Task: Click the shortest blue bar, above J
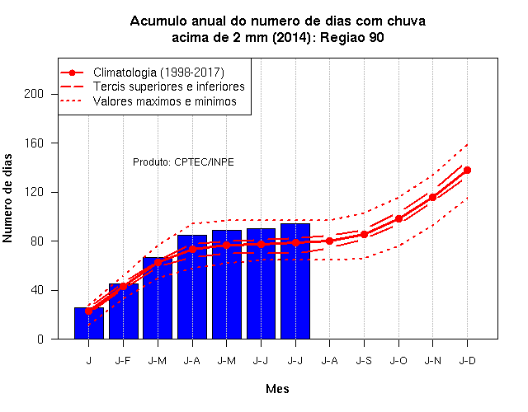click(89, 323)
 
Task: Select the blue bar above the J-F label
click(124, 311)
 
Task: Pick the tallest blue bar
click(295, 281)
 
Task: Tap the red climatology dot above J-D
click(467, 171)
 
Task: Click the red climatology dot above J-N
click(432, 197)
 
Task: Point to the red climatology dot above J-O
click(398, 218)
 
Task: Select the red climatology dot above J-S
click(364, 234)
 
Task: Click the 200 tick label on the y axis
click(34, 94)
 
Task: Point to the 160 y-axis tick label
click(34, 143)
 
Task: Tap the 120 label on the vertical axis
click(34, 192)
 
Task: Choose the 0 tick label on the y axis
click(40, 339)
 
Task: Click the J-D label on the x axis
click(468, 361)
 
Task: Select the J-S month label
click(364, 361)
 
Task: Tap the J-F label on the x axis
click(123, 361)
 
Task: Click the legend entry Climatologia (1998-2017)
click(158, 73)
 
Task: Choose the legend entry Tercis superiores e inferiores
click(169, 87)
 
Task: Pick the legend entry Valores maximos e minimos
click(165, 101)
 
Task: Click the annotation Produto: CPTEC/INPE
click(183, 162)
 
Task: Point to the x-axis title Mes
click(277, 389)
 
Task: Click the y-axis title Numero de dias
click(7, 199)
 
